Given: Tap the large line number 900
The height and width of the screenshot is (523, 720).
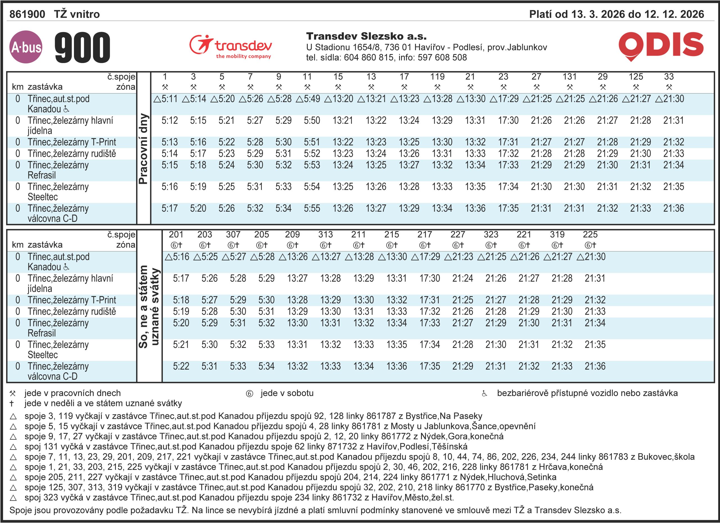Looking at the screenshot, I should [x=82, y=47].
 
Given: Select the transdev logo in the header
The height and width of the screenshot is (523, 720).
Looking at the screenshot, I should [x=231, y=47].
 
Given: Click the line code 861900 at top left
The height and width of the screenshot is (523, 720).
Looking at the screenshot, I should [x=27, y=14].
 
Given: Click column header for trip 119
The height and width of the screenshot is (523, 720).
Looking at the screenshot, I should [x=437, y=77].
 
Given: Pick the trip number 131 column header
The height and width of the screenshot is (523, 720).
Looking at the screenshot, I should [x=569, y=77].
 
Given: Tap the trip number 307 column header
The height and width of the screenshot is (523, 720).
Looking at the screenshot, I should [x=233, y=234].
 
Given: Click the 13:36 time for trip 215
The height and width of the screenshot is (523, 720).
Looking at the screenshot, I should [x=397, y=366].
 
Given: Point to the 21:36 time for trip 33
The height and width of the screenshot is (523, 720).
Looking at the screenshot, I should [x=673, y=208].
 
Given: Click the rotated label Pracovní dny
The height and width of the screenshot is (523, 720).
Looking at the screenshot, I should [x=143, y=148].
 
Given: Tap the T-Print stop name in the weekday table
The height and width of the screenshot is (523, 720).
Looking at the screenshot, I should [x=72, y=142].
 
